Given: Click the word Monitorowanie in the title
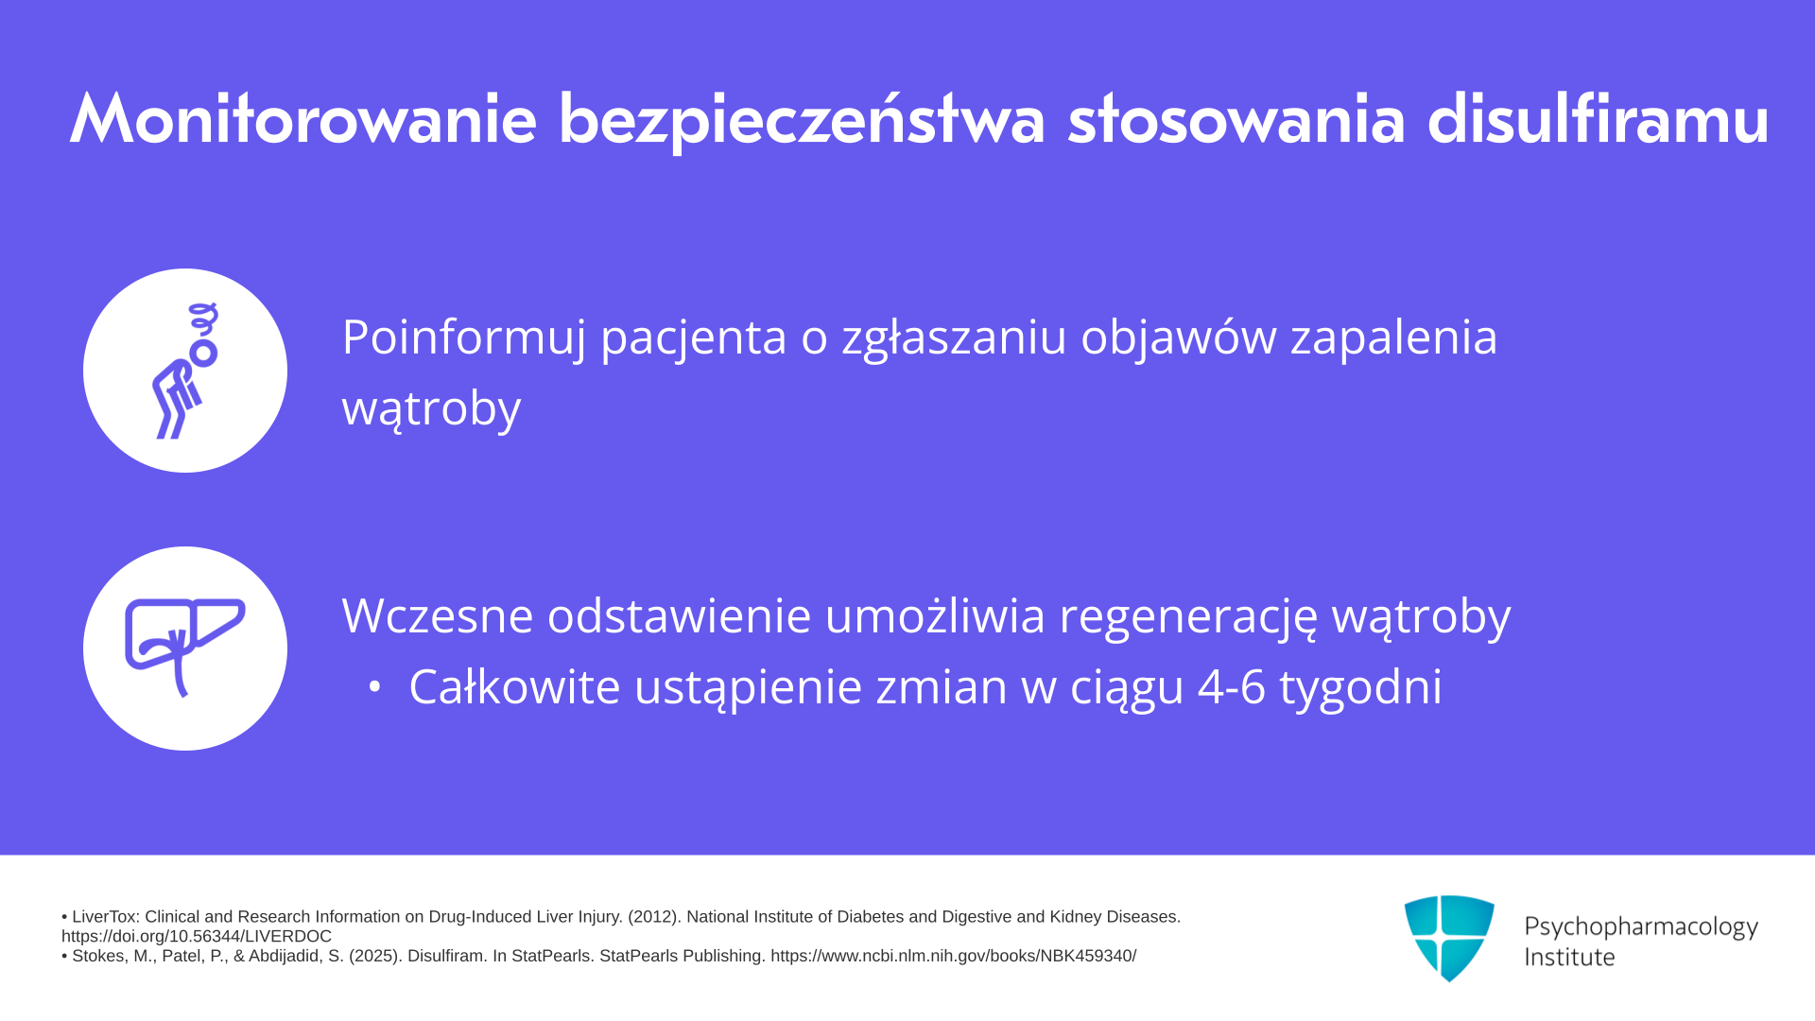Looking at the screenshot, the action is click(303, 119).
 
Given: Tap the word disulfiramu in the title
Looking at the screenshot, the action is click(1598, 119).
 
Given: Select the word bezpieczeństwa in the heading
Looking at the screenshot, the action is click(802, 121).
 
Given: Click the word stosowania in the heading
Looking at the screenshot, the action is click(1236, 121).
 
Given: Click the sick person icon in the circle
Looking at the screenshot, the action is click(186, 371).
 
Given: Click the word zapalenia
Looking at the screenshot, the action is click(1394, 338).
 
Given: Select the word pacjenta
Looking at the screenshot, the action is click(694, 338).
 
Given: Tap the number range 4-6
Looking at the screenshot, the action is click(1232, 686).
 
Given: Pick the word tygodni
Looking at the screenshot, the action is click(1361, 688).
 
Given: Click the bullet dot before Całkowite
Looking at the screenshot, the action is click(375, 688).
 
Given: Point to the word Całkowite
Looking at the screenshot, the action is click(514, 686).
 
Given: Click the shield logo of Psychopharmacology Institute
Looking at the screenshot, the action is click(1449, 938).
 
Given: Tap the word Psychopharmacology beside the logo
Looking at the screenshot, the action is click(1641, 927).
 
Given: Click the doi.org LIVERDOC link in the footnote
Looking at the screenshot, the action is click(197, 936).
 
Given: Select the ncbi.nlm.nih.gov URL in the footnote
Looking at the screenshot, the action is click(953, 956).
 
